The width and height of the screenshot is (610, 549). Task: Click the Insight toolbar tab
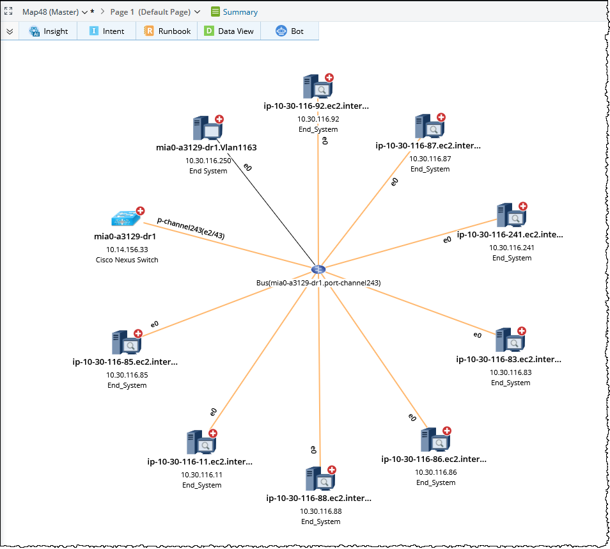pyautogui.click(x=49, y=31)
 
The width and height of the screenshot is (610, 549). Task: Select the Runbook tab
pyautogui.click(x=168, y=31)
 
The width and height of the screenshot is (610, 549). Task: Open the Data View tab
pyautogui.click(x=229, y=31)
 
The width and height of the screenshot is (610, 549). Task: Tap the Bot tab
pyautogui.click(x=290, y=31)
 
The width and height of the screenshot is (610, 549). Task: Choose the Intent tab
pyautogui.click(x=107, y=31)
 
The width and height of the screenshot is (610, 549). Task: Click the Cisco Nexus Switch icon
pyautogui.click(x=124, y=219)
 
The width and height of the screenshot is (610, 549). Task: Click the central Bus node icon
pyautogui.click(x=318, y=270)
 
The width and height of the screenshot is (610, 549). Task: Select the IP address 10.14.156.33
pyautogui.click(x=127, y=250)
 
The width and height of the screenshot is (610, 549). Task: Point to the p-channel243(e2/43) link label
pyautogui.click(x=191, y=227)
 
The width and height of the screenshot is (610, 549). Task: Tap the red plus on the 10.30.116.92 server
pyautogui.click(x=329, y=78)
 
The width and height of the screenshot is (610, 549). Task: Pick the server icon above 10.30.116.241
pyautogui.click(x=510, y=216)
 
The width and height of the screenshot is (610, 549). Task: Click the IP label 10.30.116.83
pyautogui.click(x=510, y=372)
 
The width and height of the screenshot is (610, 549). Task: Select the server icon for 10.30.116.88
pyautogui.click(x=318, y=479)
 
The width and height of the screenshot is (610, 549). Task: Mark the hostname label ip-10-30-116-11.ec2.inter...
pyautogui.click(x=200, y=461)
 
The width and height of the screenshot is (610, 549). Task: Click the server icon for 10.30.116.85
pyautogui.click(x=125, y=343)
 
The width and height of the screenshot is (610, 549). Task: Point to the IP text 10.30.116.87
pyautogui.click(x=430, y=158)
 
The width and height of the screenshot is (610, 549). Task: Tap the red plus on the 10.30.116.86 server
pyautogui.click(x=447, y=431)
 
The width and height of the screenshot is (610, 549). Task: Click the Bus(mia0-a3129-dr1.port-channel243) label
pyautogui.click(x=318, y=282)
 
